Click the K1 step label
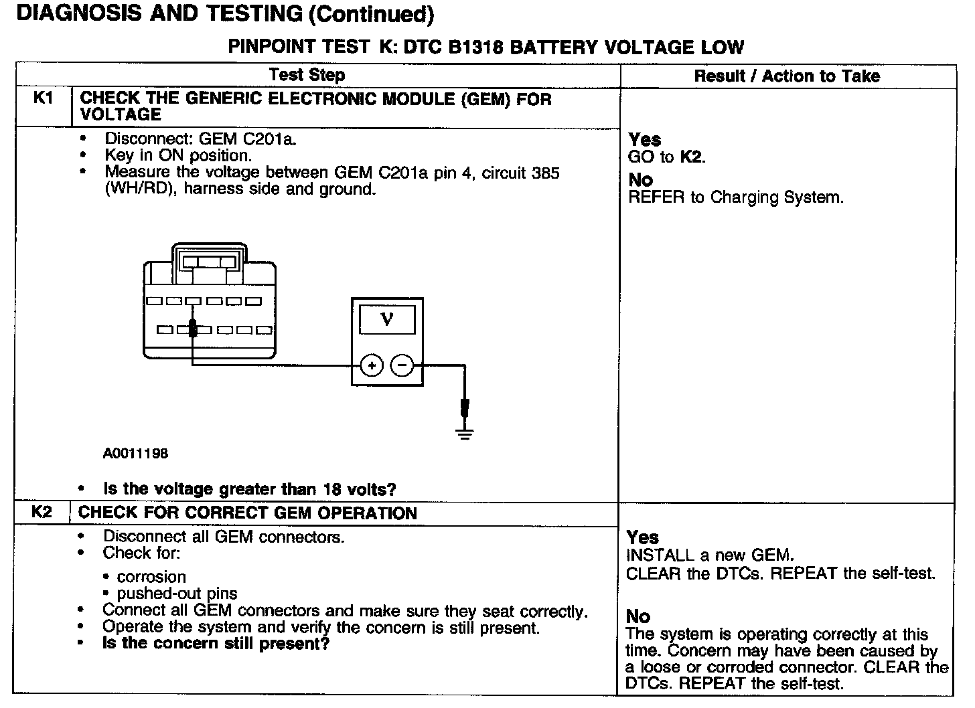coord(42,98)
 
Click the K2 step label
coord(42,513)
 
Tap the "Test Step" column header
coord(307,75)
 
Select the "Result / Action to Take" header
coord(787,76)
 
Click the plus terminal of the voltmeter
coord(372,365)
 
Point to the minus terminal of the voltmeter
coord(402,365)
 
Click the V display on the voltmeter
coord(387,319)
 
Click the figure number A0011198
coord(135,454)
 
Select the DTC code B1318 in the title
coord(474,48)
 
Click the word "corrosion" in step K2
coord(151,577)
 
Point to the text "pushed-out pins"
coord(177,594)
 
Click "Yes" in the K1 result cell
coord(645,140)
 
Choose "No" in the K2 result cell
coord(638,616)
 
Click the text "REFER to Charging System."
coord(736,197)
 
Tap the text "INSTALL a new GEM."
coord(710,555)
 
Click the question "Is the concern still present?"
coord(216,644)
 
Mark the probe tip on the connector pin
coord(193,328)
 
